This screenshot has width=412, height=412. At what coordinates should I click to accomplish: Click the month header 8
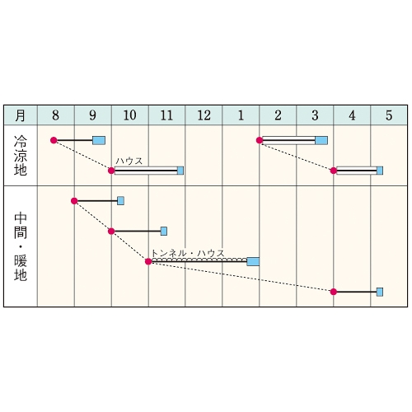tap(55, 115)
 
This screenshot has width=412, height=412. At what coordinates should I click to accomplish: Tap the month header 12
tap(204, 115)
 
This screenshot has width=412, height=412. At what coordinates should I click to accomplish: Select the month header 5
tap(389, 115)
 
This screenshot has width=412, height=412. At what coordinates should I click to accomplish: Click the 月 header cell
tap(21, 115)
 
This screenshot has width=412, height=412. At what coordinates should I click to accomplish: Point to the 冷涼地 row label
tap(21, 155)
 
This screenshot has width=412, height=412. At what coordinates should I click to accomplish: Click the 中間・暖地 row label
tap(21, 246)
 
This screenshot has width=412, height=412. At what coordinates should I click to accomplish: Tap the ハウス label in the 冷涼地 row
tap(129, 161)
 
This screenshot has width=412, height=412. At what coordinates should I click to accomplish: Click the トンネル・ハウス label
tap(188, 253)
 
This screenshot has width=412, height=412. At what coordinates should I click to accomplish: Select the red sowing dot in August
tap(54, 140)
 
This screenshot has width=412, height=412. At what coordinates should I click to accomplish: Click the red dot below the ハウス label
tap(111, 171)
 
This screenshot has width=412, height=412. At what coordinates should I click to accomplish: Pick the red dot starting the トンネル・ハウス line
tap(148, 261)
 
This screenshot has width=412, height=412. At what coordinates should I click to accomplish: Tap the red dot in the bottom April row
tap(334, 292)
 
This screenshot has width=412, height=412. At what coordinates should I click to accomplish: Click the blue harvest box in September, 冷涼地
tap(99, 140)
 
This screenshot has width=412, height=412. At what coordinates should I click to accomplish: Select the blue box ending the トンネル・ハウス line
tap(253, 261)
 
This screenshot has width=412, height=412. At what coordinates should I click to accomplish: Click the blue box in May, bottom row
tap(380, 292)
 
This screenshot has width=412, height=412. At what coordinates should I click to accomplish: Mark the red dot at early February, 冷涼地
tap(260, 140)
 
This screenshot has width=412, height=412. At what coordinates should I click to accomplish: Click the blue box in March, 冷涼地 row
tap(321, 140)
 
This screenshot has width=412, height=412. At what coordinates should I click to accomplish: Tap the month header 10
tap(129, 115)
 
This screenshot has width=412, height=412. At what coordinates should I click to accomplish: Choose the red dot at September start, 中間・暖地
tap(74, 201)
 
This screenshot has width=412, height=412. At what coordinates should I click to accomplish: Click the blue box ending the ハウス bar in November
tap(180, 171)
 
